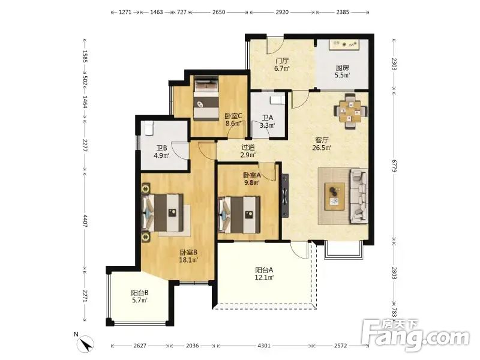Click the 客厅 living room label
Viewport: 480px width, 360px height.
pos(322,140)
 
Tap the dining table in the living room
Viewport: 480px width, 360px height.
pos(351,111)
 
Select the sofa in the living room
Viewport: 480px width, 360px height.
pos(359,196)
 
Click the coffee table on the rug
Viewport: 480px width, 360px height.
pos(335,197)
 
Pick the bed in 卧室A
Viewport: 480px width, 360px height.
pos(239,215)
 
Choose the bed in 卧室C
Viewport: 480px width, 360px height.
pos(206,98)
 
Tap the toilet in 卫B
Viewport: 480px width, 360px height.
pos(148,128)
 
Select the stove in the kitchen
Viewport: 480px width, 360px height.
pos(344,44)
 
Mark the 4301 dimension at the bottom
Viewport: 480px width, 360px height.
pos(264,346)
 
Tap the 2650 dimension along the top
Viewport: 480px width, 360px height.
pos(218,12)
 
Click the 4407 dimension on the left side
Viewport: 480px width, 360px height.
pos(85,221)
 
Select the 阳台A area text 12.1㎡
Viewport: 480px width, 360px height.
pos(264,277)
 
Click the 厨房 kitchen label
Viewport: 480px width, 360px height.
pos(342,68)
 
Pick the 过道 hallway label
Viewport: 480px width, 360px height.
pos(248,147)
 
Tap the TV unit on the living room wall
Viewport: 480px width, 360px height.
pos(285,196)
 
